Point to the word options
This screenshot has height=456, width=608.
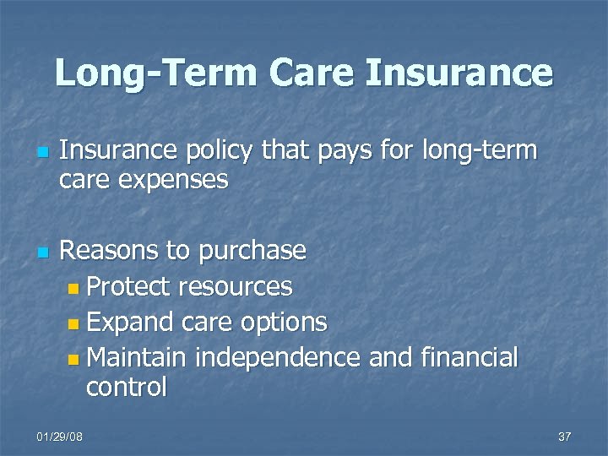[x=285, y=322]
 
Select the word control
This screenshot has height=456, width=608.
[x=126, y=387]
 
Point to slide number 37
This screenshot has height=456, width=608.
[x=565, y=437]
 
